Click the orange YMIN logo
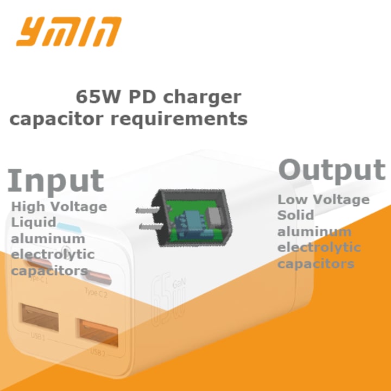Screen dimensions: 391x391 point(68,31)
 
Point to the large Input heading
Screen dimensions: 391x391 point(55,180)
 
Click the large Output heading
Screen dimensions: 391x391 point(332,170)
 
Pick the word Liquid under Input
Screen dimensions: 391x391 point(34,222)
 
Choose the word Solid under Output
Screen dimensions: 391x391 point(295,215)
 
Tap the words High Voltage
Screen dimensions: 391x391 point(59,206)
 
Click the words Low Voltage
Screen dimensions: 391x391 point(323,199)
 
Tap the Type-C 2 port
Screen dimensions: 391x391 point(97,279)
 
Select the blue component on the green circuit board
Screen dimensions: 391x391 point(194,220)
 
